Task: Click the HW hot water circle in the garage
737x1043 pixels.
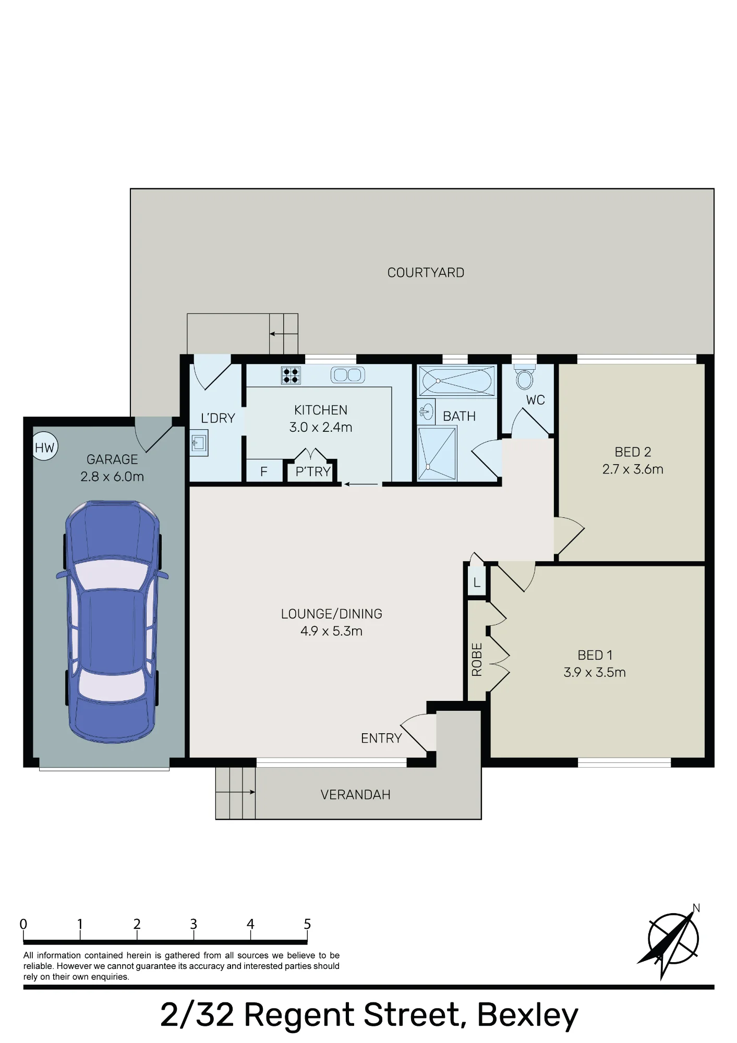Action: point(45,447)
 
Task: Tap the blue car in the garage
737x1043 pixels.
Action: point(112,621)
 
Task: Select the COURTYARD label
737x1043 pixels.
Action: point(426,273)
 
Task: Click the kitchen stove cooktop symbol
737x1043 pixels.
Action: point(291,375)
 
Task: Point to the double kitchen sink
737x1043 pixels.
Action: point(348,374)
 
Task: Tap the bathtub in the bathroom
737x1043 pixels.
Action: point(457,381)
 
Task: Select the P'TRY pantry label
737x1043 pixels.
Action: point(313,471)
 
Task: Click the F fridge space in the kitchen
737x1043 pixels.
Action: point(264,471)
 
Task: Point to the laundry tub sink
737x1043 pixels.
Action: point(199,443)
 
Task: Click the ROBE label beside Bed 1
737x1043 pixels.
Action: point(477,659)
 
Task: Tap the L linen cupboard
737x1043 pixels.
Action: point(477,582)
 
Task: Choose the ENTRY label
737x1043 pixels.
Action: point(381,738)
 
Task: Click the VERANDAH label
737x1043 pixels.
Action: point(355,794)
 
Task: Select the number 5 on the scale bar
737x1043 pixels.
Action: point(307,924)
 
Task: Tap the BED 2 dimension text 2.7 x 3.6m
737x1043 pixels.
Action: point(633,469)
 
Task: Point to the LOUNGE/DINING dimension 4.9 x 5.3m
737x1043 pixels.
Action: point(331,631)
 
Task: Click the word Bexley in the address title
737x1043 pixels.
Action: point(527,1015)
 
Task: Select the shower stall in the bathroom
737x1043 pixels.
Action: point(437,453)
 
